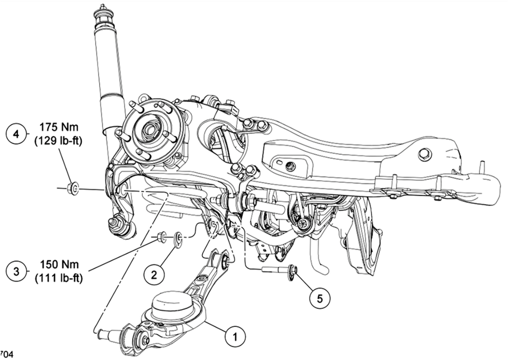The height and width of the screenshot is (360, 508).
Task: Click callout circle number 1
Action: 234,336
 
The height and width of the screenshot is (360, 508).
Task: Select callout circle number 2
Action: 153,274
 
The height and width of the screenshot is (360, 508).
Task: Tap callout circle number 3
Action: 16,271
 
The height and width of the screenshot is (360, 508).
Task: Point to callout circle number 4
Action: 16,134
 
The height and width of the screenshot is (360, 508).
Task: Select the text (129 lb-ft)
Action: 58,142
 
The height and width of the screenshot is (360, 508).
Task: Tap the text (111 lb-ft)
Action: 58,278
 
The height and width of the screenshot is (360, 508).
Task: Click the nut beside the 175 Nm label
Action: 73,188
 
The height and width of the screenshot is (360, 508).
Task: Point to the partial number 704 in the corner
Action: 6,354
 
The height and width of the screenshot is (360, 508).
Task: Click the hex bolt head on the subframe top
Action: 424,153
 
